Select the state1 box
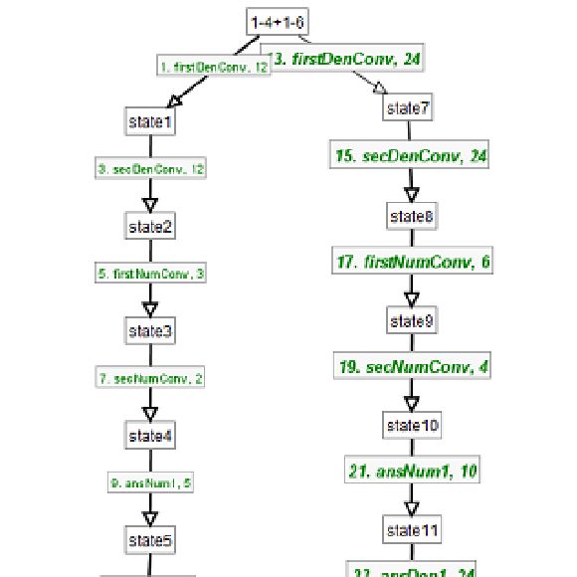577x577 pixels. coord(151,121)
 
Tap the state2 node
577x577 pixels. coord(151,226)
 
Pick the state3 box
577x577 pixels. coord(151,330)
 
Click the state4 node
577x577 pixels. coord(151,435)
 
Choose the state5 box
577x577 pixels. coord(151,541)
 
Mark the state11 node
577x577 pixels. coord(411,530)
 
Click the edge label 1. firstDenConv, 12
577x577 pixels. coord(214,67)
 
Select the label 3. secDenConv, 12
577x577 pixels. coord(151,170)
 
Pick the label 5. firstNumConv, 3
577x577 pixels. coord(151,274)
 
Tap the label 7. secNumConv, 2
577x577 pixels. coord(151,379)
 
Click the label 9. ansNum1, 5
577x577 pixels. coord(151,483)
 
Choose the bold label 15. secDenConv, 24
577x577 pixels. coord(411,156)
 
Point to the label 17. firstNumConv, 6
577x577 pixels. coord(411,262)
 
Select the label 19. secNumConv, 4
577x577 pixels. coord(411,367)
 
